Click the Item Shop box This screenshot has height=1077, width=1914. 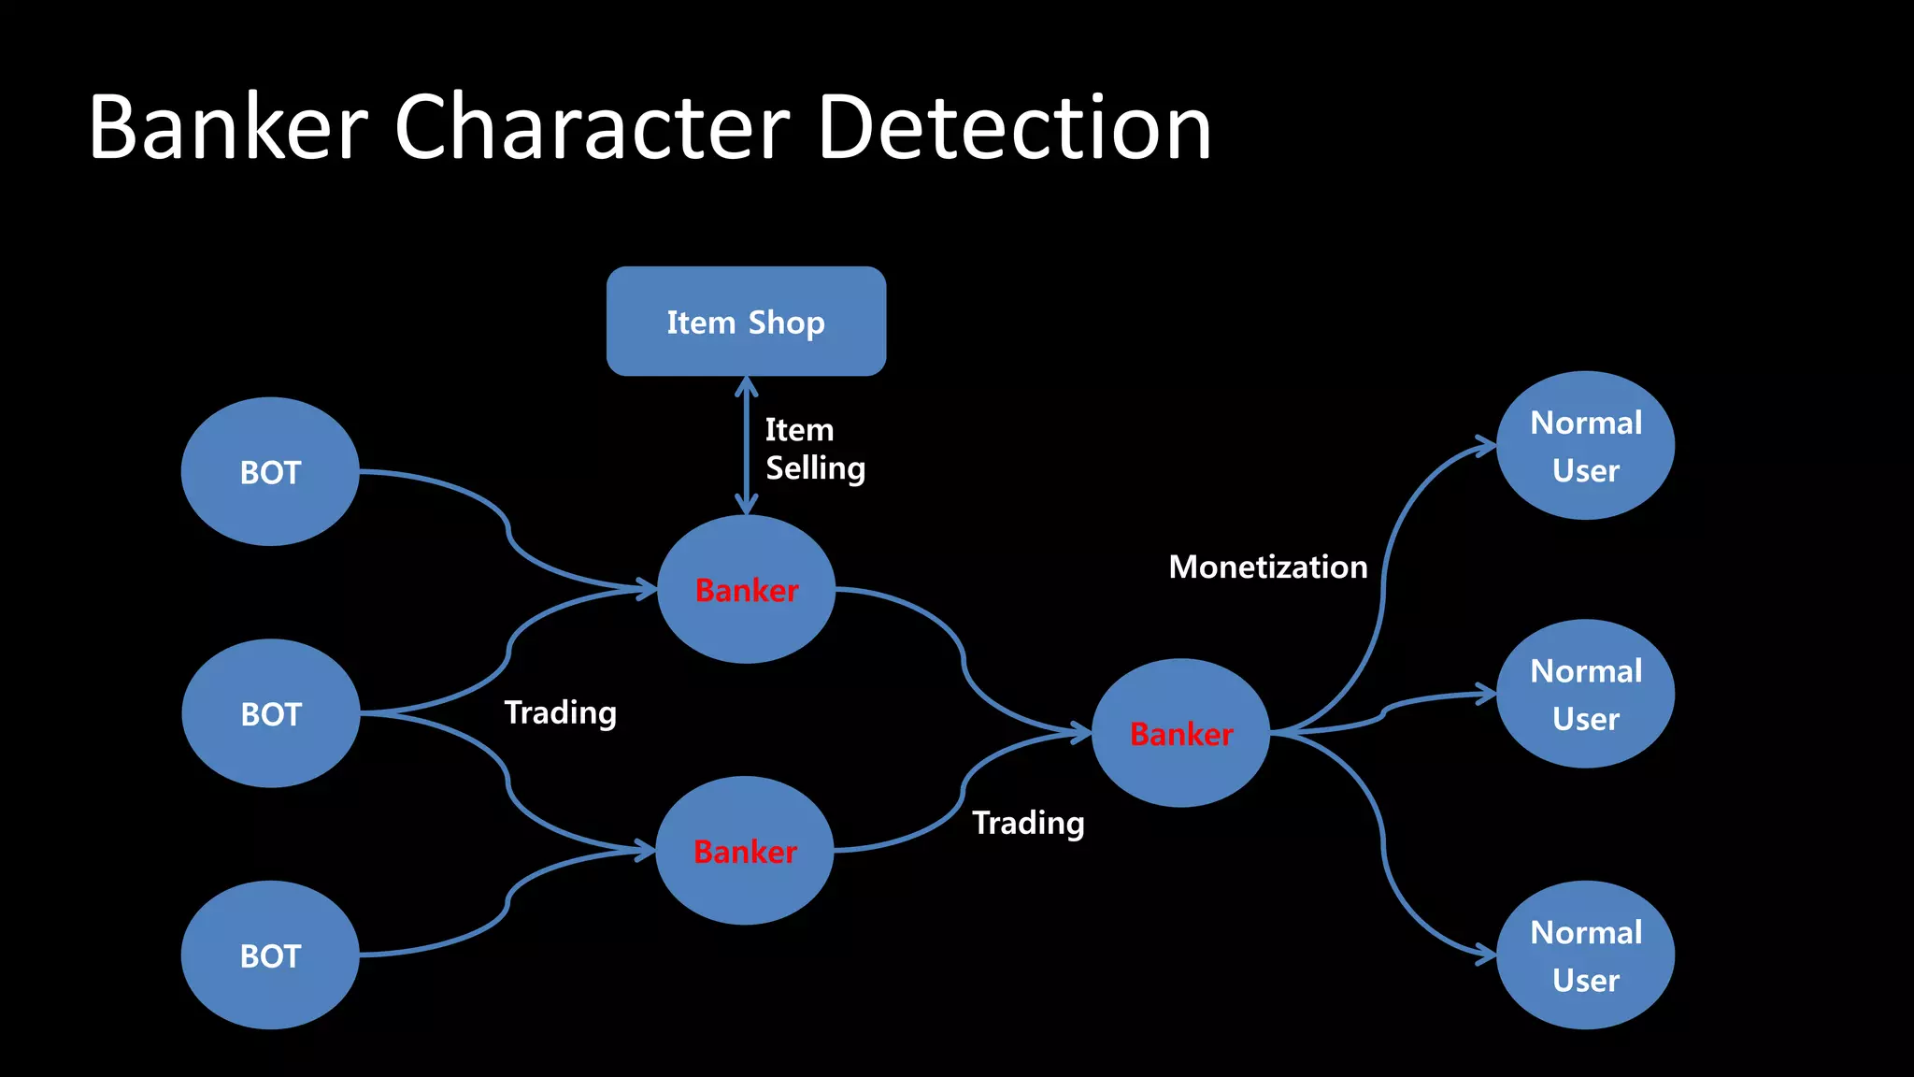point(746,321)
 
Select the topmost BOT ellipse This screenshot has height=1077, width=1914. point(270,471)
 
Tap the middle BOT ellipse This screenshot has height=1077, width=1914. point(270,713)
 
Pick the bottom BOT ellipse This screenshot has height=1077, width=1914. point(270,955)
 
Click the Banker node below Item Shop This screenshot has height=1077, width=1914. point(746,589)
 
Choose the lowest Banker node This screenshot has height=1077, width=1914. point(745,851)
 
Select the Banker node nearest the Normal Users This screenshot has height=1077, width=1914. point(1181,733)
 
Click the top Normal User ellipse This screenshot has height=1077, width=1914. point(1585,446)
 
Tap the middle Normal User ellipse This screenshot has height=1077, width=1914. point(1585,694)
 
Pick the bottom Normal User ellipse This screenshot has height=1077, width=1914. point(1585,955)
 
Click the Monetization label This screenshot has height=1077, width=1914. point(1267,567)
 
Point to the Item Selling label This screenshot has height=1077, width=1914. point(814,449)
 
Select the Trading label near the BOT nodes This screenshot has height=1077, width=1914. point(560,712)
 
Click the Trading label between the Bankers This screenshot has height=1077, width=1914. point(1028,823)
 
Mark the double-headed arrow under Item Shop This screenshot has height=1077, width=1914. point(746,445)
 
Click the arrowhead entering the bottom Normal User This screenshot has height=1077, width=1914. point(1486,955)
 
